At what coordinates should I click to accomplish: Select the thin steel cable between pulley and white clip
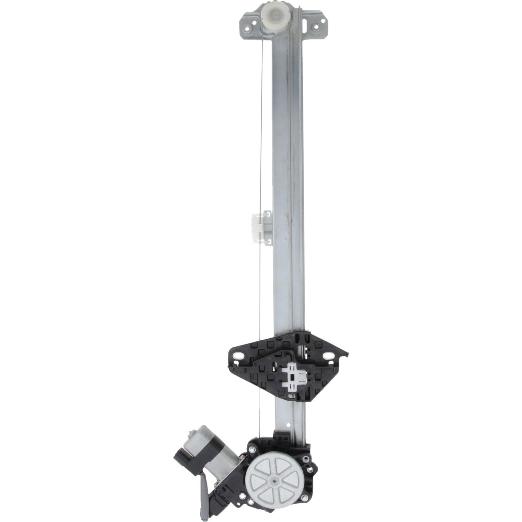click(261, 122)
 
